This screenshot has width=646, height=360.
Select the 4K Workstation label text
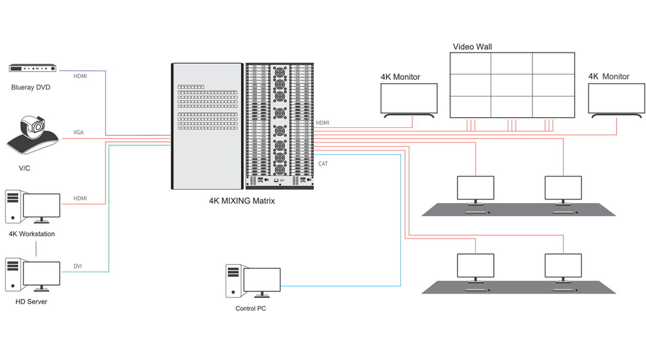point(32,234)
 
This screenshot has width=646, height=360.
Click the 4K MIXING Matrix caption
point(242,200)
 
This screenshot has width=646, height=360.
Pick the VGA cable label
point(78,132)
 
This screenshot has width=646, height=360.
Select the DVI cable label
point(78,266)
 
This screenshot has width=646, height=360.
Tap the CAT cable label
point(323,164)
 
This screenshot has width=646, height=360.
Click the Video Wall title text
point(472,46)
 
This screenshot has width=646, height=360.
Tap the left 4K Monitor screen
point(409,98)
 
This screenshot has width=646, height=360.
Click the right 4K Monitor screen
point(617,98)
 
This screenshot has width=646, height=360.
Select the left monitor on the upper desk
point(475,188)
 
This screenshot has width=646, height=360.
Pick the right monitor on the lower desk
point(563,266)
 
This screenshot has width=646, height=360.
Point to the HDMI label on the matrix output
point(322,123)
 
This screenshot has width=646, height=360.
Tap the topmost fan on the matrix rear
point(279,72)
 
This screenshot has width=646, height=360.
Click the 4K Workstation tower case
point(13,207)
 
